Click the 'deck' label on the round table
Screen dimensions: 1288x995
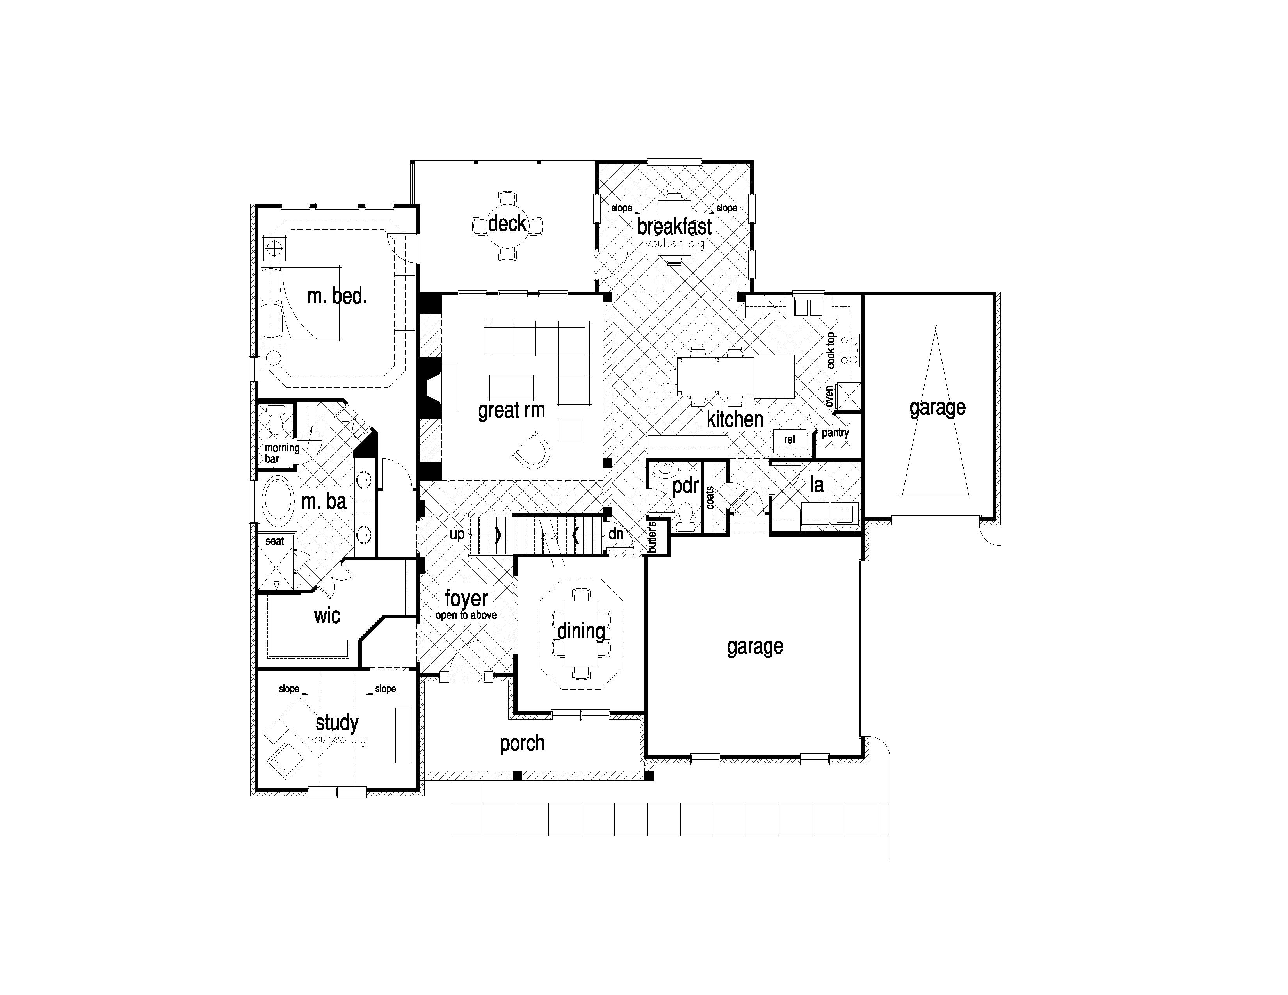pos(507,224)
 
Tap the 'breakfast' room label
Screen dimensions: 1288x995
pos(674,226)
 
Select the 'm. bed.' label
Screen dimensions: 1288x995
pos(337,296)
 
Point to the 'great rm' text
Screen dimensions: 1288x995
pos(511,410)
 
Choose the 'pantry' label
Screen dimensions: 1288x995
pos(835,433)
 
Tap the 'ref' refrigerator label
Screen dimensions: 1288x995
pos(790,439)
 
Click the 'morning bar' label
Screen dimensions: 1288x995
pos(282,453)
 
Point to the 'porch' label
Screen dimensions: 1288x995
pos(522,744)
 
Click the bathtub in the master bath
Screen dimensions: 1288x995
pos(277,502)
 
